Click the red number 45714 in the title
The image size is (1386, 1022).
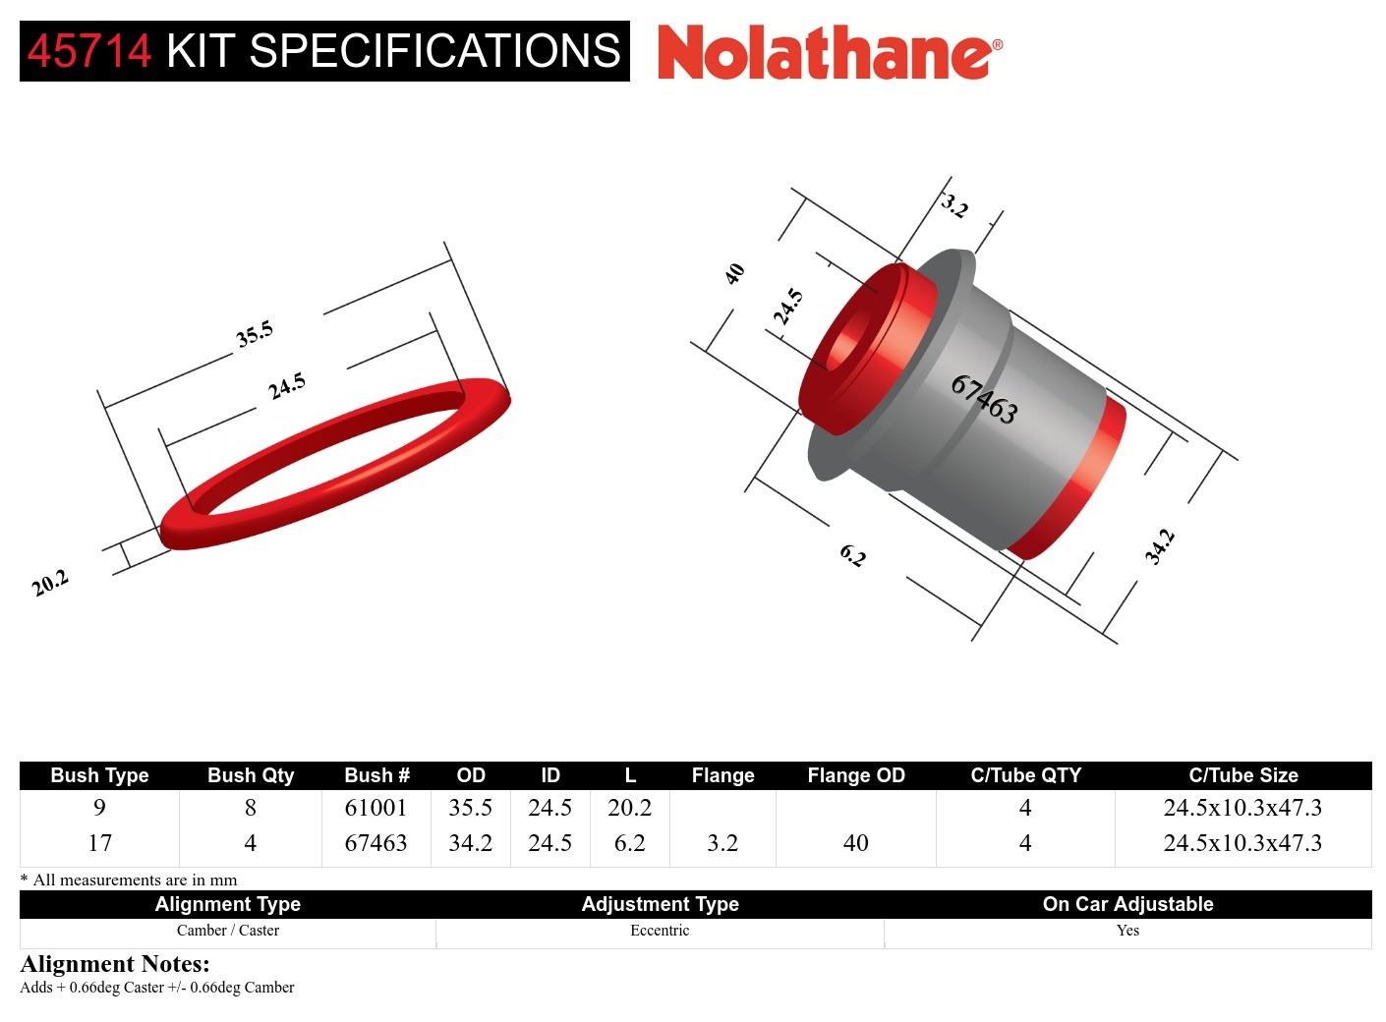pos(89,51)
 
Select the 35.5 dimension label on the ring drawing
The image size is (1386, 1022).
pos(254,334)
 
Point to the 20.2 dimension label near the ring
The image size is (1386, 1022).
pos(50,583)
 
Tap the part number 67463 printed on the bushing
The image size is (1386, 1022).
pos(983,399)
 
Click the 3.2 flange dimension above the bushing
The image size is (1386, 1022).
pos(953,205)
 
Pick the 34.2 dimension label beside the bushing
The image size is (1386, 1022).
pos(1159,546)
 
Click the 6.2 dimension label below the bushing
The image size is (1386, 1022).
pos(852,556)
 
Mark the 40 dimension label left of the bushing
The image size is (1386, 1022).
pos(734,274)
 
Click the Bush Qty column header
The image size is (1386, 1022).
pos(251,775)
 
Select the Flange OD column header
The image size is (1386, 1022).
pos(855,775)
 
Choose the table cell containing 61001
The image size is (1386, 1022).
pos(375,808)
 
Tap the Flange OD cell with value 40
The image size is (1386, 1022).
pos(855,843)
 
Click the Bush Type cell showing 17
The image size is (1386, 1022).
pos(99,843)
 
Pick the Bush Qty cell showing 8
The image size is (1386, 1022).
pos(251,808)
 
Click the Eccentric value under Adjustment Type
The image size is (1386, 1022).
pos(660,931)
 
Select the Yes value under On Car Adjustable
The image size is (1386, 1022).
pos(1127,931)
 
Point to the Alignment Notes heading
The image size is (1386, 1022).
pos(115,964)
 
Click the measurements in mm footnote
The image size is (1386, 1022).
pos(129,880)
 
